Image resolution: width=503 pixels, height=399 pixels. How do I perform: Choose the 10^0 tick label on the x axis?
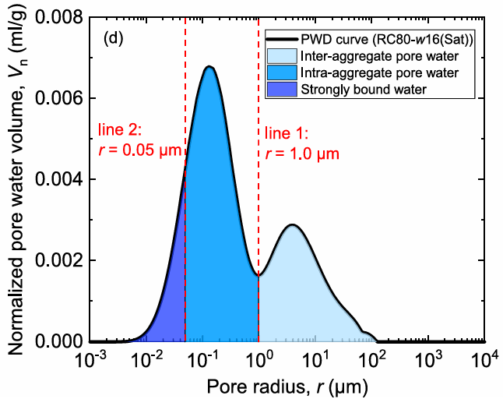[259, 360]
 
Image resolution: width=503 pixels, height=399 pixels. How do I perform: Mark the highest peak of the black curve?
[209, 67]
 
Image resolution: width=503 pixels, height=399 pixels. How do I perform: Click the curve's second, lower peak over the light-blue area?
[292, 225]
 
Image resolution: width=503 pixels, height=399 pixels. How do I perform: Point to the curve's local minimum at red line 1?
[259, 274]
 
